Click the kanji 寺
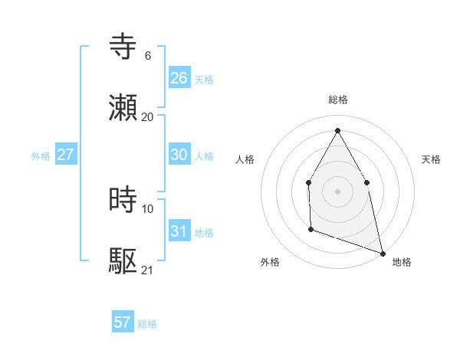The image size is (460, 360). tap(123, 46)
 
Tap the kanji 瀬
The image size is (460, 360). tap(123, 107)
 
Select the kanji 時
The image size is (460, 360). tap(123, 199)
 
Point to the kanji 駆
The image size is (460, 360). tap(123, 260)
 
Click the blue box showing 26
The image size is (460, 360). tap(179, 78)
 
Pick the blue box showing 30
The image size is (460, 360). tap(179, 155)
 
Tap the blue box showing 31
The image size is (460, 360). tap(179, 231)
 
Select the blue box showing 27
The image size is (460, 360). tap(66, 155)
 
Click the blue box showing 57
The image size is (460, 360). tap(123, 322)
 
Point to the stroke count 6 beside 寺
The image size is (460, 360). tap(148, 55)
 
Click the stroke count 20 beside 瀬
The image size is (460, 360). tap(148, 116)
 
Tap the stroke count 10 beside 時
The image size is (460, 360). tap(148, 208)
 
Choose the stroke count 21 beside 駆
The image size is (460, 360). tap(148, 270)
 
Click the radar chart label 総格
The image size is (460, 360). tap(338, 100)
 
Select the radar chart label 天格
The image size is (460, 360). tap(431, 159)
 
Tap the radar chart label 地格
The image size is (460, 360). tap(402, 262)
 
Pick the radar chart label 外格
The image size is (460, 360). tap(270, 262)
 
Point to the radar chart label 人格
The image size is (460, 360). tap(245, 159)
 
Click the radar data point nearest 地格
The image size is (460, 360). tap(382, 253)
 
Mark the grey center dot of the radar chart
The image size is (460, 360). tap(337, 191)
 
